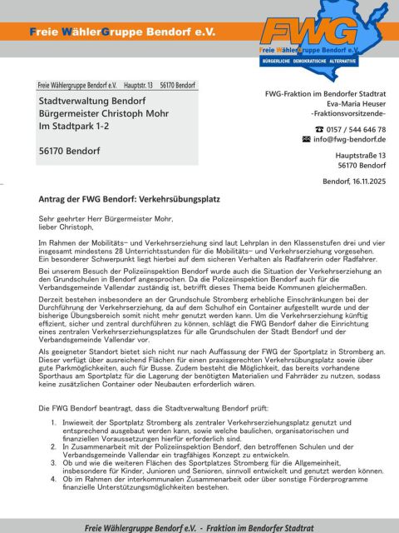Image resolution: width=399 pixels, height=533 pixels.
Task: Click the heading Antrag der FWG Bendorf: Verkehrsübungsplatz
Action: [x=129, y=200]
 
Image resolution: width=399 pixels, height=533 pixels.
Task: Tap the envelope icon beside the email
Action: [x=306, y=140]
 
